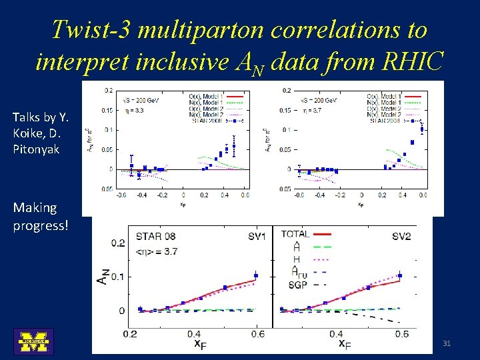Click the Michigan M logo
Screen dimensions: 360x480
(x=33, y=341)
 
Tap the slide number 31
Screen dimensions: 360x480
(x=447, y=343)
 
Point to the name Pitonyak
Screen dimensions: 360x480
(x=35, y=149)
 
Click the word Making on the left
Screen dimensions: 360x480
(x=35, y=208)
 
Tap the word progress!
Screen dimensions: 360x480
(x=41, y=225)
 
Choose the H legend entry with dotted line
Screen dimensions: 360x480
(x=297, y=259)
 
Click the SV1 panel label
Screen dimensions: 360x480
(x=257, y=236)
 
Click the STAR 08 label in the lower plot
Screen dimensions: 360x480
(x=156, y=236)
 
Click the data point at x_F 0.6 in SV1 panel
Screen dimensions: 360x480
(x=256, y=275)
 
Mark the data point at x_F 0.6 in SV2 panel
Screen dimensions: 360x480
(x=400, y=275)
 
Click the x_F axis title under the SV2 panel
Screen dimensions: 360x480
(x=343, y=344)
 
